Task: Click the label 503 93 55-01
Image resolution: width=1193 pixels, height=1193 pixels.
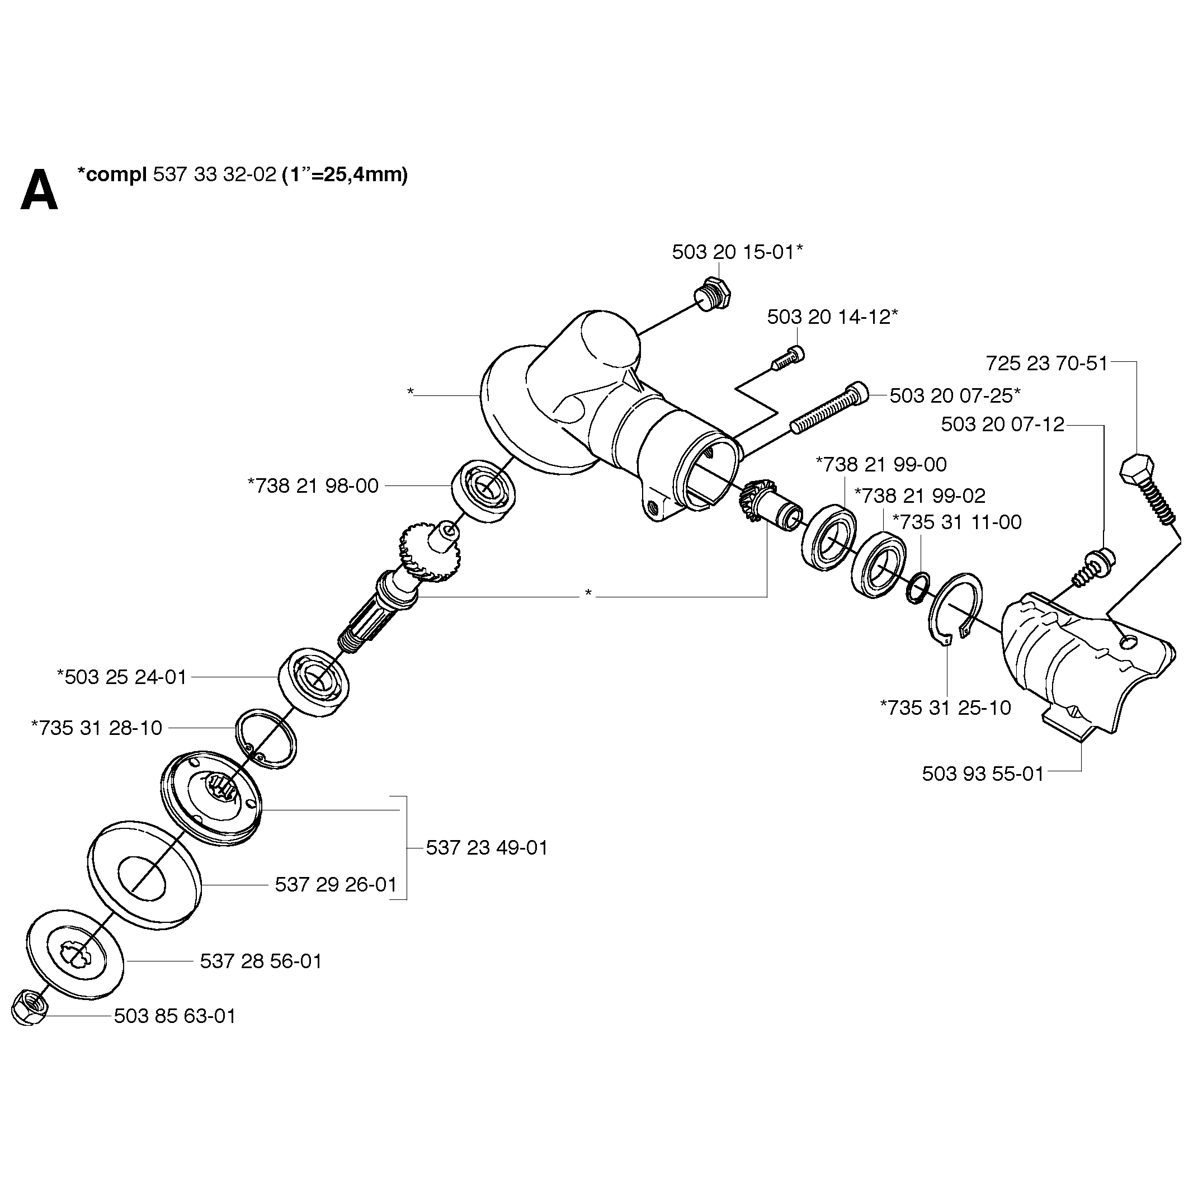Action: (983, 774)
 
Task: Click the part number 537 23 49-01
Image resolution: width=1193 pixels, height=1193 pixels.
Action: (487, 848)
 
